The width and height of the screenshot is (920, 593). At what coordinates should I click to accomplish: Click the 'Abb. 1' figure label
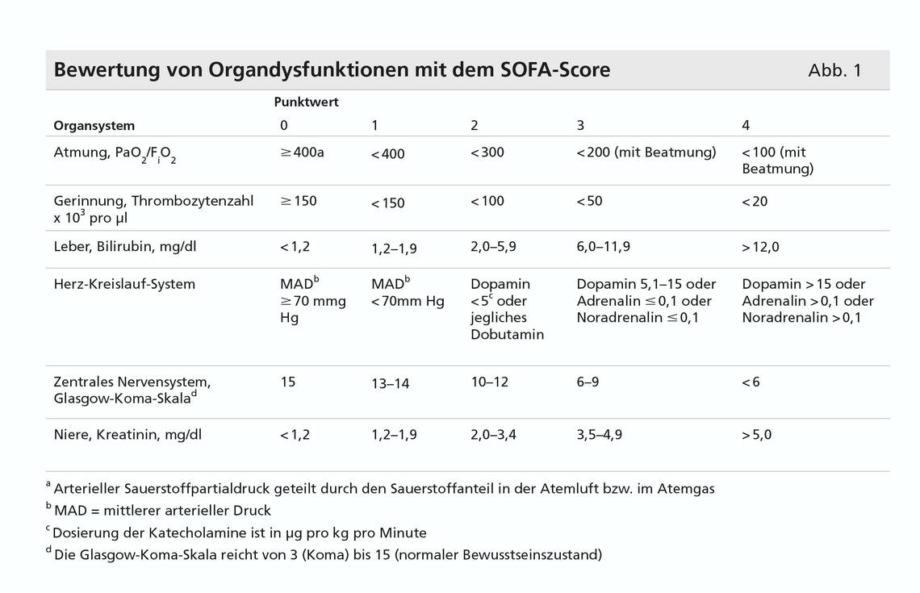tap(834, 70)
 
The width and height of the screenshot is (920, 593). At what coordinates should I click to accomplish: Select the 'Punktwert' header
tap(306, 102)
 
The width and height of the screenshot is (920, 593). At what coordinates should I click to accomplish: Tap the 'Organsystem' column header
tap(94, 126)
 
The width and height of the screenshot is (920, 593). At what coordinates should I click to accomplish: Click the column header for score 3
tap(580, 126)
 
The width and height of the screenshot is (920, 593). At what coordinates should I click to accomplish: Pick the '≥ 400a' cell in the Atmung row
tap(302, 152)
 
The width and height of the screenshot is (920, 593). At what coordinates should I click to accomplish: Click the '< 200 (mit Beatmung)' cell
tap(646, 152)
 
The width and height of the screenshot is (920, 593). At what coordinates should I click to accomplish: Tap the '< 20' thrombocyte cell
tap(755, 202)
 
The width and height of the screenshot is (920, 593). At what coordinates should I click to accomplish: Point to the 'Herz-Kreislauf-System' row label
tap(124, 284)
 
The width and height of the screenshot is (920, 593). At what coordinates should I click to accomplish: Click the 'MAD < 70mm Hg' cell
tap(408, 293)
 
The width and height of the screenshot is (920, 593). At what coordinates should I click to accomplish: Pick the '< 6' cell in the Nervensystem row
tap(751, 382)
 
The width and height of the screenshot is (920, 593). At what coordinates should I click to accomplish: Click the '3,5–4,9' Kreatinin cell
tap(600, 435)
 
